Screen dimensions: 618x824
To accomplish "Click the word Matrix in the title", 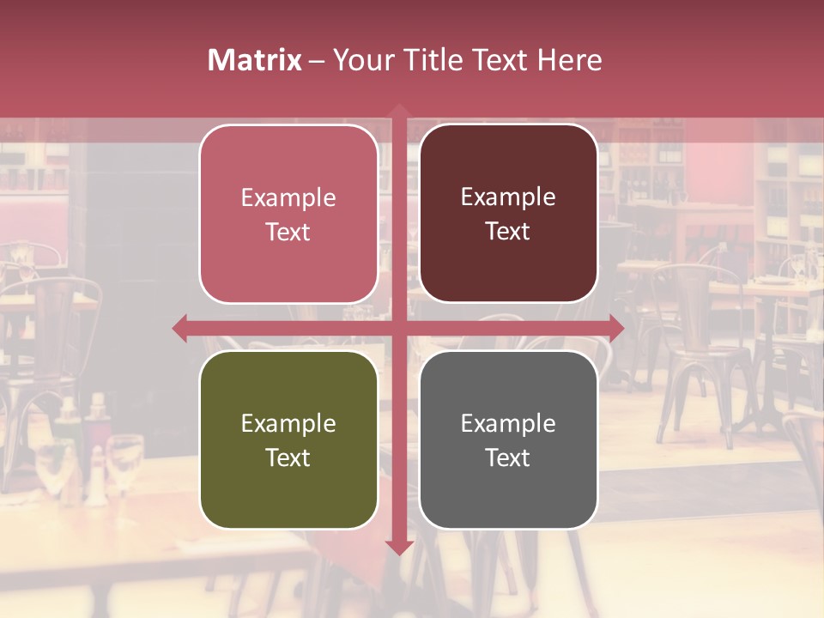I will tap(255, 60).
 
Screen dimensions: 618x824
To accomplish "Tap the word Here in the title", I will tap(570, 60).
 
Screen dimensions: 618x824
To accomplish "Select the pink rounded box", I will tap(288, 214).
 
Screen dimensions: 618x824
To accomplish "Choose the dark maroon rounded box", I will tap(508, 214).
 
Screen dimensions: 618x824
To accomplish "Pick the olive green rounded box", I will tap(288, 439).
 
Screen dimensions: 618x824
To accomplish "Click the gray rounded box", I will tap(508, 439).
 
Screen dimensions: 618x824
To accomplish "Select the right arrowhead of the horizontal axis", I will tap(616, 328).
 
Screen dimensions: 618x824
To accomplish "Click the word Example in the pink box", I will tap(288, 198).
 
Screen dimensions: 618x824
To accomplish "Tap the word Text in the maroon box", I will tap(508, 232).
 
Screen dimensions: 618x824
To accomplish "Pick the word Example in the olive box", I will tap(288, 423).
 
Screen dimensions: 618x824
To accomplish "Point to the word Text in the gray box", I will tap(508, 457).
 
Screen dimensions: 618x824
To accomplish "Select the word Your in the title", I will tap(364, 60).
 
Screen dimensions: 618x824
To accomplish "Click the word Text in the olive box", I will tap(288, 457).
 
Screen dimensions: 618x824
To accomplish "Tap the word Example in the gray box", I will tap(508, 423).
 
